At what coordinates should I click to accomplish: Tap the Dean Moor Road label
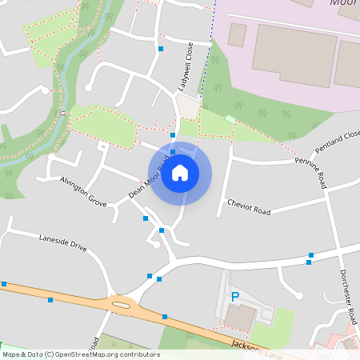point(150,178)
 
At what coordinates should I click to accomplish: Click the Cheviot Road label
point(249,206)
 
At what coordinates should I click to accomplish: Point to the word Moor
point(342,3)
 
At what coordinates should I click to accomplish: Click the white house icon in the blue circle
point(180,173)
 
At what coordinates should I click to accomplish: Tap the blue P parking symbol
point(235,297)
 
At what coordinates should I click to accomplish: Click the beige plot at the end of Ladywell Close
point(188,107)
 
